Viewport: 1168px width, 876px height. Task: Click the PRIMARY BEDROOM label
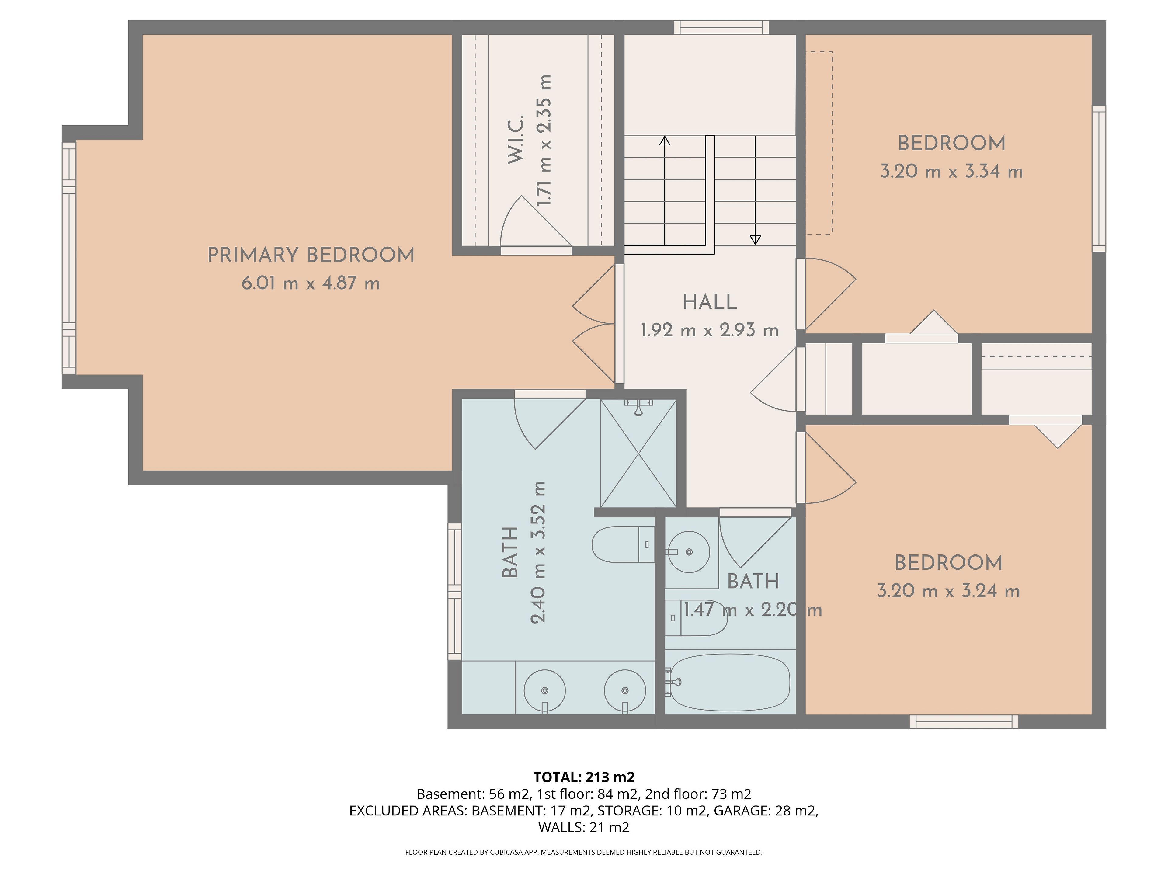tap(311, 255)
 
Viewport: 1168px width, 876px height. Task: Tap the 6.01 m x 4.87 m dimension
tap(311, 283)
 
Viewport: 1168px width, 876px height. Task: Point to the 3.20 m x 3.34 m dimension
tap(951, 172)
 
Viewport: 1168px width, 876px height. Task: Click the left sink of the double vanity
tap(544, 691)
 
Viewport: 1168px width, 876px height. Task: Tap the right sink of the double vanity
tap(625, 691)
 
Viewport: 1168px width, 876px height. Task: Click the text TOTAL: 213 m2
tap(584, 777)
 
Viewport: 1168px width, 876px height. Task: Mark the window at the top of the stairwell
tap(721, 27)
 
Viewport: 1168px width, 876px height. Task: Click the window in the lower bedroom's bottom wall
tap(964, 722)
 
